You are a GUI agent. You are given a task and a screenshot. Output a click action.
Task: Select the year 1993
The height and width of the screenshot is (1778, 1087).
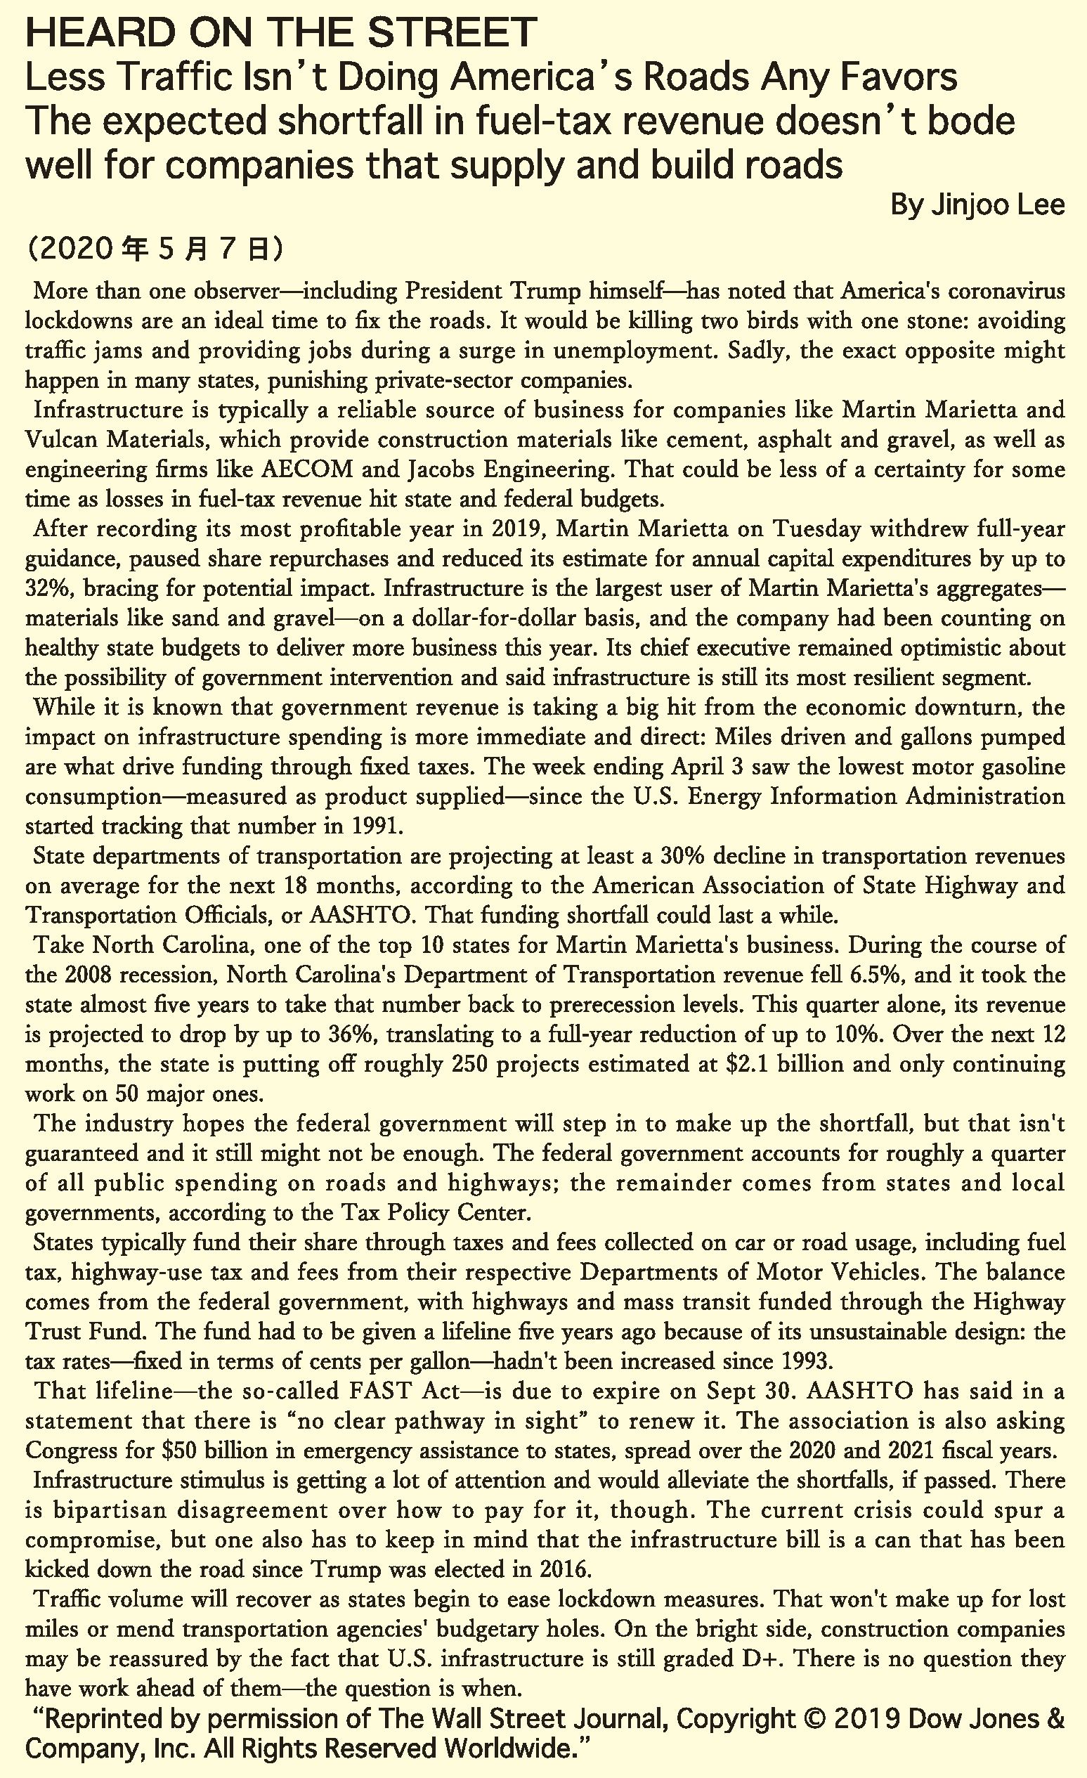pos(807,1362)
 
